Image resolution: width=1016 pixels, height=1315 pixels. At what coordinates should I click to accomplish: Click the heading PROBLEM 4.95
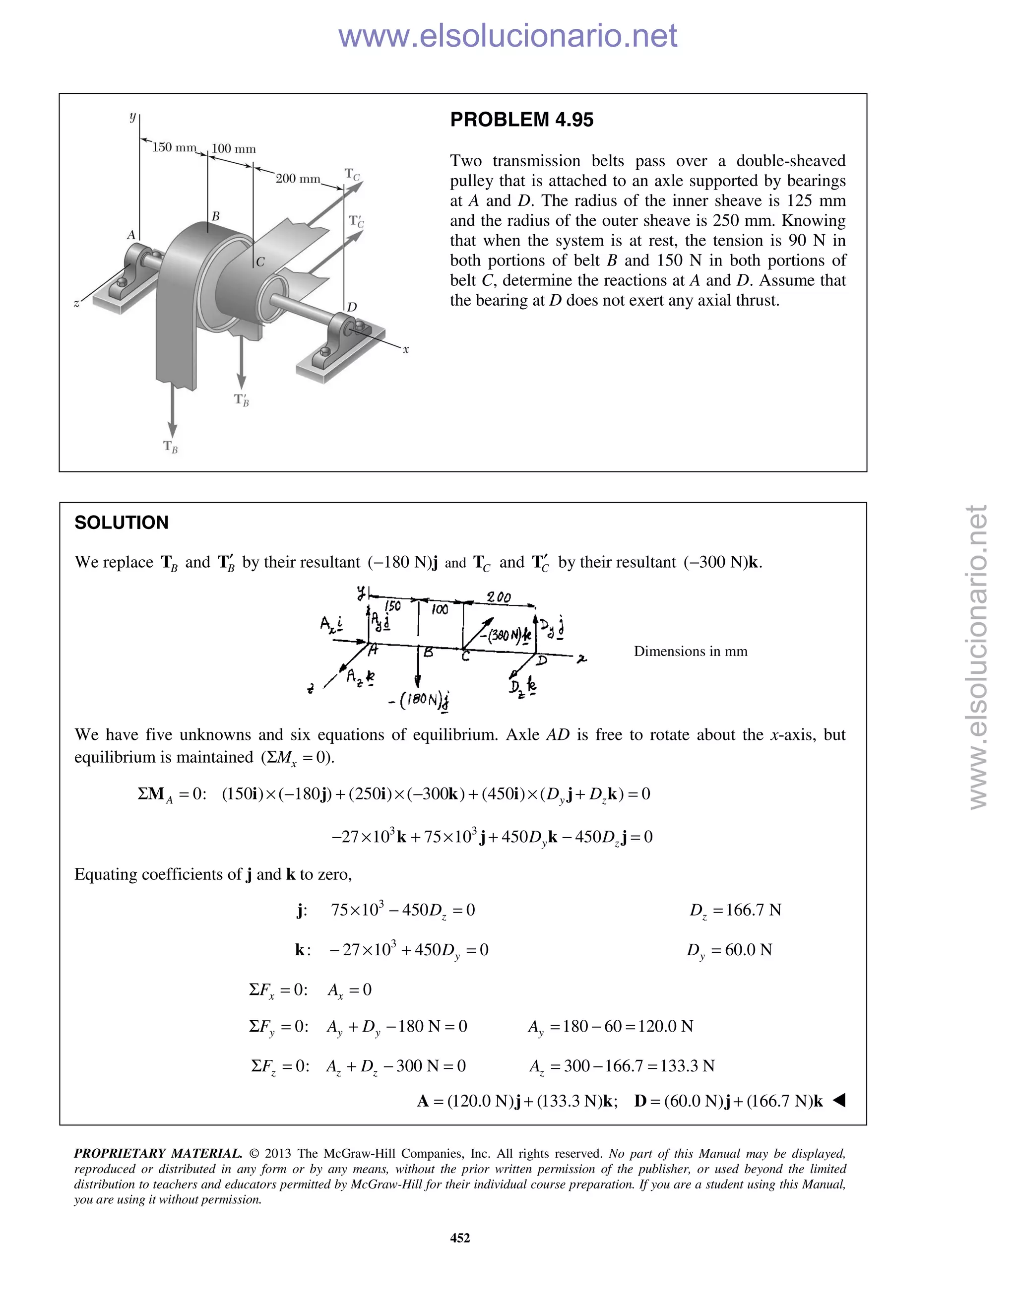521,120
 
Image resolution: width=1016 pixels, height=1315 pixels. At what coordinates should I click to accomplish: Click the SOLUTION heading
121,523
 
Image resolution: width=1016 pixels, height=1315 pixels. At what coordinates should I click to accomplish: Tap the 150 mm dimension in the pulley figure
174,147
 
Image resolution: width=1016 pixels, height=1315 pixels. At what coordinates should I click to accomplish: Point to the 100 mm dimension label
234,149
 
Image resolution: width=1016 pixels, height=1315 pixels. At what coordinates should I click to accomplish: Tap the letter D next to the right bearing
352,307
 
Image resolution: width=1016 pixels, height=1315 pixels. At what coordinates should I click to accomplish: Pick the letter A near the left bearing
131,235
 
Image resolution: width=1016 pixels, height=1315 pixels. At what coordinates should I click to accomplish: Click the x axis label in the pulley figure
406,349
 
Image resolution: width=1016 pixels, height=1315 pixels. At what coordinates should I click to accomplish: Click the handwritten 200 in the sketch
499,597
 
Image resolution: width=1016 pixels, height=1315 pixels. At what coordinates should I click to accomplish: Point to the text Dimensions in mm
691,652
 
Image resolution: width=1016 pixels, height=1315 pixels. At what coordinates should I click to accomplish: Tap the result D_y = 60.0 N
729,950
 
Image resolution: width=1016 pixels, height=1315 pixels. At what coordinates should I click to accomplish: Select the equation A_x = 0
349,990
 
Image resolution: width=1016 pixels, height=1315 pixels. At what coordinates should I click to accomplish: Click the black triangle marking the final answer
839,1101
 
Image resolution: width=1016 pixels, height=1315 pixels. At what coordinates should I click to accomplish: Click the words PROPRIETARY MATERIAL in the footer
158,1154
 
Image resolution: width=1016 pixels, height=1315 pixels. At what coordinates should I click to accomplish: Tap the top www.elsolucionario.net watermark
508,36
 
